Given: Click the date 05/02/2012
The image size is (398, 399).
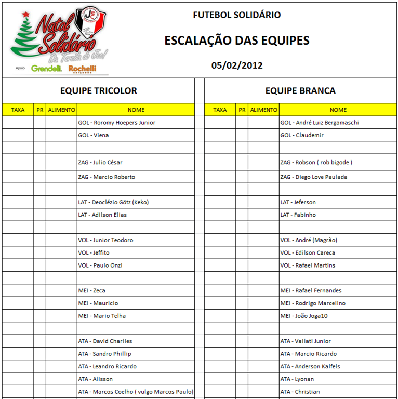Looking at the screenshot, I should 237,65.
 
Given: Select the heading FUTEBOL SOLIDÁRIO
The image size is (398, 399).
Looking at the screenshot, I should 237,15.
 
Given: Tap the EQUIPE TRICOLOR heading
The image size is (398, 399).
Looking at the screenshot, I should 99,90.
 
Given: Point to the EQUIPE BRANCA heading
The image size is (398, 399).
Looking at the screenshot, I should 300,90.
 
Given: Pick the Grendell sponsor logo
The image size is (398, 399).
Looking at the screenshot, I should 47,68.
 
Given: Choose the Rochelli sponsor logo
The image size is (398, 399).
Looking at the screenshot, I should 82,68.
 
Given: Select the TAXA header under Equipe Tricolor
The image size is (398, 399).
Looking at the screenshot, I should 18,110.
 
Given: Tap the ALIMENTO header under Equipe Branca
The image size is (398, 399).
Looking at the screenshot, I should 263,110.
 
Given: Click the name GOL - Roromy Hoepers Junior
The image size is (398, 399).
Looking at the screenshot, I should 116,123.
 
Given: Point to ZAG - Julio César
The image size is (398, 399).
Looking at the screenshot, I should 100,162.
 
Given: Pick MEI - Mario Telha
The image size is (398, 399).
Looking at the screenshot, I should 101,316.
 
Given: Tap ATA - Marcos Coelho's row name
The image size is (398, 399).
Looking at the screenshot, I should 135,392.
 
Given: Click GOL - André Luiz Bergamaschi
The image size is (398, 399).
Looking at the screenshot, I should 319,123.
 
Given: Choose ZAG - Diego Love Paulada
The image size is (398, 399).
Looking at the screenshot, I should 313,177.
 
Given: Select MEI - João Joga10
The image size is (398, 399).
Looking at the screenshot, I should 304,316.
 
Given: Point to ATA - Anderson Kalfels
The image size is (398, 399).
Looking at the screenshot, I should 310,366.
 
